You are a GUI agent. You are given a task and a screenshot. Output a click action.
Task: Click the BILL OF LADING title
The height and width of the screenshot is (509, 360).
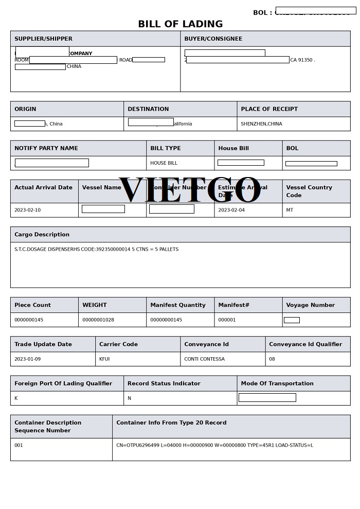180,24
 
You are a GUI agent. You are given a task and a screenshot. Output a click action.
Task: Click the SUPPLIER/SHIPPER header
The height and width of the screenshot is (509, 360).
43,39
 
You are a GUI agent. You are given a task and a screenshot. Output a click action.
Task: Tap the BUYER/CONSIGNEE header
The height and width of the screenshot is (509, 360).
213,39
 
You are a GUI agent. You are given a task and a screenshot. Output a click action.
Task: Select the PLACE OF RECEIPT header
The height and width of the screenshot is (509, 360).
269,109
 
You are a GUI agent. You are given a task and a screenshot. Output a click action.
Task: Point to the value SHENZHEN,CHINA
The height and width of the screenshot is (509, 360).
261,124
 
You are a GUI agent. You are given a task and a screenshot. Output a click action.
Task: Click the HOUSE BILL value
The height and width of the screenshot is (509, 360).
164,163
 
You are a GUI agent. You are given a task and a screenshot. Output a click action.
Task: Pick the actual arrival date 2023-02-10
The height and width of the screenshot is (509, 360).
27,210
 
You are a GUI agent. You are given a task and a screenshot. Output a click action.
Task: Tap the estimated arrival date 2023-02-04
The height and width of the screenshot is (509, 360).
231,210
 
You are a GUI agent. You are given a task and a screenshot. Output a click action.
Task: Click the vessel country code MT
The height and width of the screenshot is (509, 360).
290,210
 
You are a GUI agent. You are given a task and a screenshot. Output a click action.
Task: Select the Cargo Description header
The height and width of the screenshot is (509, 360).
42,235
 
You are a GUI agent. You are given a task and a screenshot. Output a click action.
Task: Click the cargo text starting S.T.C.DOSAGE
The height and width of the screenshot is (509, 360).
96,250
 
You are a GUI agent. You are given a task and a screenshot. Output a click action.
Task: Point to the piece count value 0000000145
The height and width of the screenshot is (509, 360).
29,320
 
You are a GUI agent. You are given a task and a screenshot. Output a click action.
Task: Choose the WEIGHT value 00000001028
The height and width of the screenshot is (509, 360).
98,320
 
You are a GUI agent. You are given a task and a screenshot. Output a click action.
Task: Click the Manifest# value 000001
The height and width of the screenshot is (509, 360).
227,320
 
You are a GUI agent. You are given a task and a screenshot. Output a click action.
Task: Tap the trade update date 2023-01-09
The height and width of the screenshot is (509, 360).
27,359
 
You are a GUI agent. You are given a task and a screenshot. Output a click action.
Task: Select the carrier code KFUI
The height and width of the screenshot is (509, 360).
104,359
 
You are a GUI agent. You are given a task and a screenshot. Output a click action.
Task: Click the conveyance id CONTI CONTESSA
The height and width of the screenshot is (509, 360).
204,359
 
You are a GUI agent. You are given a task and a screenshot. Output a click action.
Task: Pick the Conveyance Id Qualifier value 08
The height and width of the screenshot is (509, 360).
272,359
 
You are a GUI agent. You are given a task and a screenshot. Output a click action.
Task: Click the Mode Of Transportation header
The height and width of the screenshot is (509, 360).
277,383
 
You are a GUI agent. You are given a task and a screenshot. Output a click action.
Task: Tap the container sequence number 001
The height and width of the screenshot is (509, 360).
19,446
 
